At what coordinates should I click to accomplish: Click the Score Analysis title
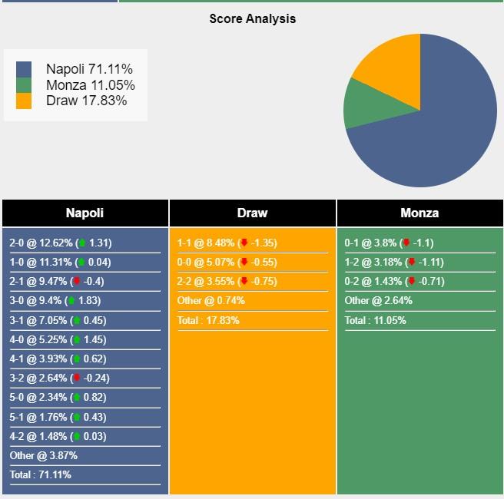click(x=252, y=18)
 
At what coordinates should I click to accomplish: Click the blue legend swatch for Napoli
click(x=24, y=69)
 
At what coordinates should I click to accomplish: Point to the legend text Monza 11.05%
click(x=90, y=85)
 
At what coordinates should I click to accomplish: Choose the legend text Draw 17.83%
click(x=86, y=101)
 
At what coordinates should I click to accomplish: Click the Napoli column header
click(x=85, y=213)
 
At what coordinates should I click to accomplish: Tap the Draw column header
click(x=252, y=213)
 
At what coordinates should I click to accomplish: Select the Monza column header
click(x=419, y=213)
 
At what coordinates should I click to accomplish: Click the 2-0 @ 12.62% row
click(x=60, y=243)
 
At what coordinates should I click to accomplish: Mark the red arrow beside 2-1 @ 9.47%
click(x=77, y=282)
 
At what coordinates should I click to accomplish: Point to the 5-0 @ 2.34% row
click(x=60, y=398)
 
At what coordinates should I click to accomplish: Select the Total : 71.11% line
click(x=40, y=474)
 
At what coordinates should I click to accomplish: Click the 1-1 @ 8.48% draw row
click(x=227, y=243)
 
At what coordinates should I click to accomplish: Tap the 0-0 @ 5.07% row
click(x=227, y=262)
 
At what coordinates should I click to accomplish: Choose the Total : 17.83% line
click(x=207, y=319)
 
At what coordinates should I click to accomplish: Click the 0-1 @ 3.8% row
click(x=389, y=243)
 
